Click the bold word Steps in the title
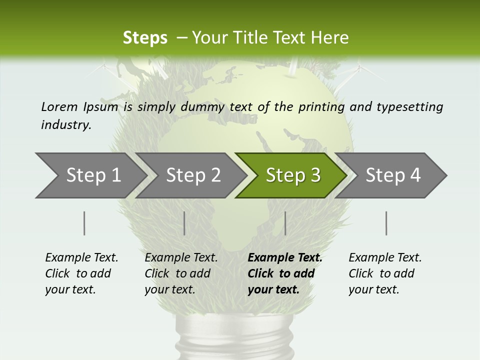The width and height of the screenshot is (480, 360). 145,38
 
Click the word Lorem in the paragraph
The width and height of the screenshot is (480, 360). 59,106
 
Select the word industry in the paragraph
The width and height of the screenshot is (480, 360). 66,124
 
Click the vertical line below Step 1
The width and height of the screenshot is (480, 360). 84,223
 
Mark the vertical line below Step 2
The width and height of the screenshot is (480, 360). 184,223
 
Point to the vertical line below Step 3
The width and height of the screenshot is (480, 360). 285,223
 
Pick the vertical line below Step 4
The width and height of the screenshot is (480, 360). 386,223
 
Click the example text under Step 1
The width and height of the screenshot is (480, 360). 81,273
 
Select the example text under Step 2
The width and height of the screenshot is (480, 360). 181,273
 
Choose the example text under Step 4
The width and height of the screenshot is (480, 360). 385,273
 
